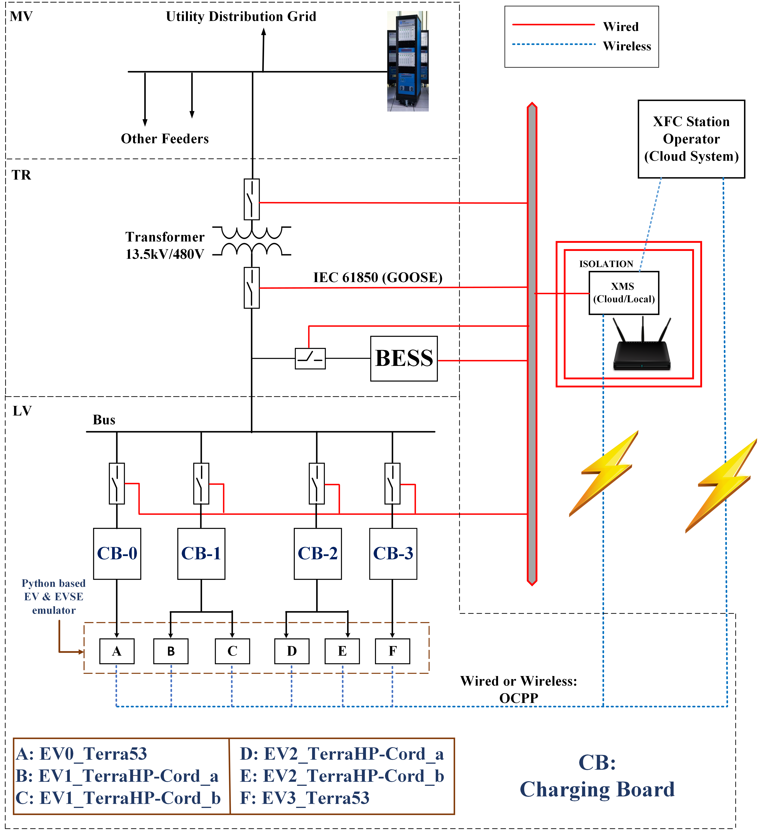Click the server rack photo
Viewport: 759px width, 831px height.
tap(408, 61)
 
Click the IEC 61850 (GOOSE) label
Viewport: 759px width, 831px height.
tap(378, 277)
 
